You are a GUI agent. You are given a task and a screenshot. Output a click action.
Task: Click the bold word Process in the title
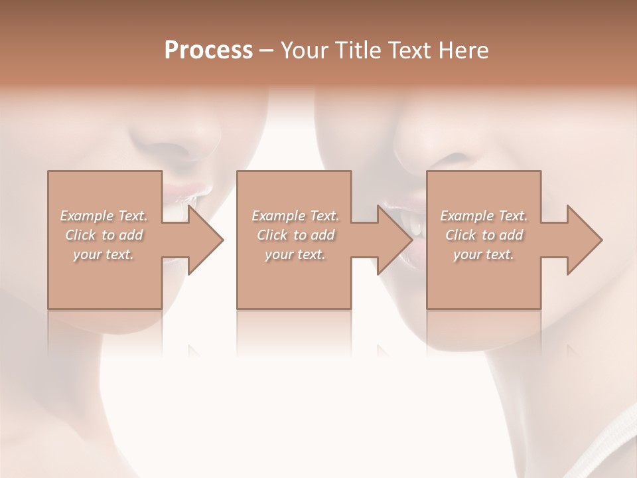pos(208,50)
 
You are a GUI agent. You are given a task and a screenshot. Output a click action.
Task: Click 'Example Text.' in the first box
pos(104,216)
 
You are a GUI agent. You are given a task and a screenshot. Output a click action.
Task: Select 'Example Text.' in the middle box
pos(295,216)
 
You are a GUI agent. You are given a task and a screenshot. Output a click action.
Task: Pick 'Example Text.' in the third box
pos(484,216)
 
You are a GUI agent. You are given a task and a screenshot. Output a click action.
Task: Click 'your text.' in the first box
pos(104,254)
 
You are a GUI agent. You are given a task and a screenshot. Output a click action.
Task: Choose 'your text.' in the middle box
pos(295,254)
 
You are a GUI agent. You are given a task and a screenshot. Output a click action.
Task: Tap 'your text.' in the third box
pos(484,254)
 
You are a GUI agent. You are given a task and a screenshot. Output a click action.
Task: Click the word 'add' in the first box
pos(131,235)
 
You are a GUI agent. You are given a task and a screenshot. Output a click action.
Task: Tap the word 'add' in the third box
pos(512,235)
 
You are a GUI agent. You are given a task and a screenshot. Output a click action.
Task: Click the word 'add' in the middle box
pos(323,235)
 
